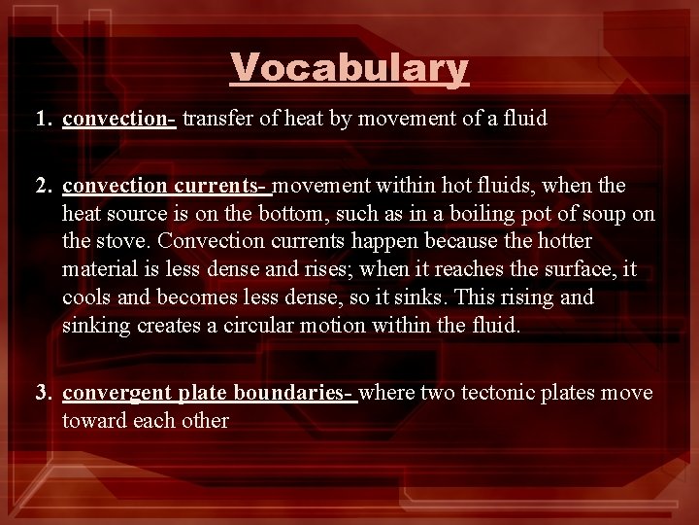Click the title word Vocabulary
tap(349, 68)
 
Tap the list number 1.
tap(43, 120)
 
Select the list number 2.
tap(43, 185)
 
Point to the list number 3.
tap(43, 393)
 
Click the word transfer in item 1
tap(215, 120)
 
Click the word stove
tap(122, 241)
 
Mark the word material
tap(97, 269)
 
